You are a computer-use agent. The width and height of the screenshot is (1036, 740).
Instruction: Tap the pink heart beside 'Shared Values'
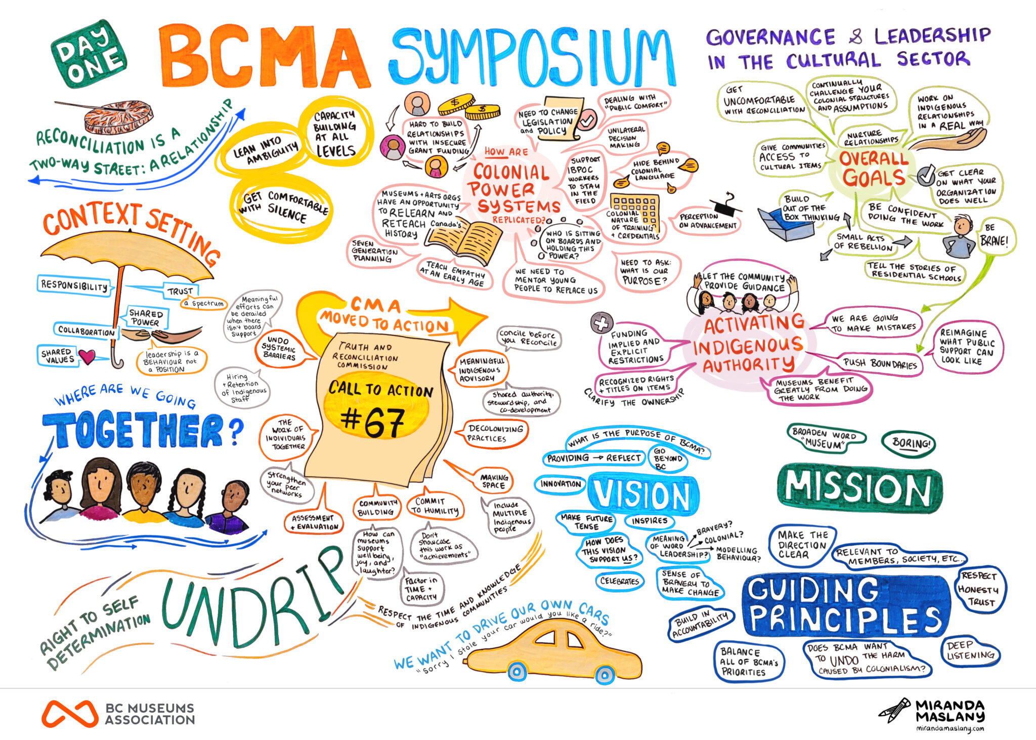(x=87, y=357)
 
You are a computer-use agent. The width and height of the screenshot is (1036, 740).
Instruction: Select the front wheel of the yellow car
(x=605, y=674)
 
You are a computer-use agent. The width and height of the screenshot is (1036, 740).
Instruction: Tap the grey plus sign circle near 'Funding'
(x=601, y=323)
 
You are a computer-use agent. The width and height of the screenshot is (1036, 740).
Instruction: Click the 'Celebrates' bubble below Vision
(x=620, y=581)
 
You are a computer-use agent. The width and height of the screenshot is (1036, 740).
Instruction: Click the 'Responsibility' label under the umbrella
(x=74, y=285)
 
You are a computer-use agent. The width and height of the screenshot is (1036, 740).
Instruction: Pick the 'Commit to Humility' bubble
(x=435, y=506)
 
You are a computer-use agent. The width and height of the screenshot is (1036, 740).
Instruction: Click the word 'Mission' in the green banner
(x=858, y=488)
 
